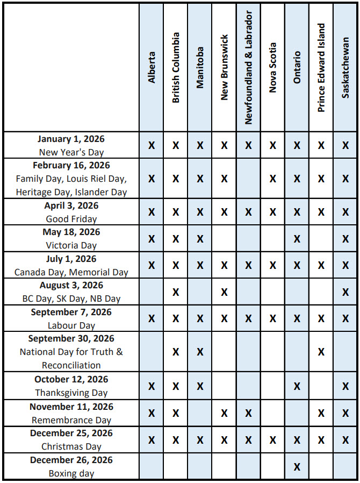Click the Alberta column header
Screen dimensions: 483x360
pyautogui.click(x=152, y=67)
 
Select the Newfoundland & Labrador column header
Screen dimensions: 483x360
pyautogui.click(x=248, y=68)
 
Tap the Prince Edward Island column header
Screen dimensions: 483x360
pyautogui.click(x=321, y=68)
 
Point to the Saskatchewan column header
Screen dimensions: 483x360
pyautogui.click(x=345, y=68)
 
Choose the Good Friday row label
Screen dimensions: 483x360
pyautogui.click(x=71, y=219)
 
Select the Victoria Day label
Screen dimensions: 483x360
pyautogui.click(x=71, y=245)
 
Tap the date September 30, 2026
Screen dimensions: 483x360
pyautogui.click(x=71, y=338)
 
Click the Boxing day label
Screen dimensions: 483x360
pyautogui.click(x=71, y=473)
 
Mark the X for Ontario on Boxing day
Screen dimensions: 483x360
pyautogui.click(x=297, y=467)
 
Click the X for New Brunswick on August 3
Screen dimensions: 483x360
pyautogui.click(x=224, y=292)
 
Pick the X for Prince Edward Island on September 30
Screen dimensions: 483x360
pyautogui.click(x=321, y=352)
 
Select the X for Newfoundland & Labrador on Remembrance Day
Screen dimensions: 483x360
pyautogui.click(x=248, y=413)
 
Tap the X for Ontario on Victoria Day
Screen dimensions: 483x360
pyautogui.click(x=297, y=239)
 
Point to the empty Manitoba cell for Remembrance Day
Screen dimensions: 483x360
pyautogui.click(x=200, y=413)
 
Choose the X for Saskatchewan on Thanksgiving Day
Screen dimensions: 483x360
pyautogui.click(x=345, y=386)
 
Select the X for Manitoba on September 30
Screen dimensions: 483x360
pyautogui.click(x=200, y=352)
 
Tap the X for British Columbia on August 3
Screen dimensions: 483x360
pyautogui.click(x=176, y=292)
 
